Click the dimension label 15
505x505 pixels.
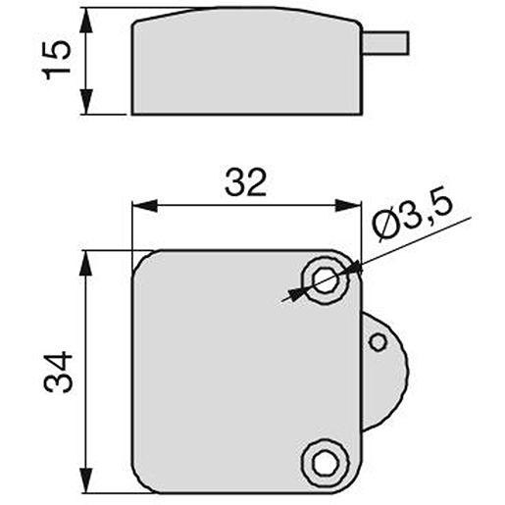[x=57, y=60]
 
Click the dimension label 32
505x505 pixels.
[x=246, y=182]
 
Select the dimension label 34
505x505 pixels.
[x=58, y=372]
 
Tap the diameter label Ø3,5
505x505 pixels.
[x=413, y=215]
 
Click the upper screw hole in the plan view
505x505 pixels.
[x=326, y=280]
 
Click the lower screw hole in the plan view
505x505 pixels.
[x=326, y=463]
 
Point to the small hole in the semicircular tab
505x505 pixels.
[x=379, y=342]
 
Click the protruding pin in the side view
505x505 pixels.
[x=385, y=42]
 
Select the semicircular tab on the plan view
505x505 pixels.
[x=385, y=372]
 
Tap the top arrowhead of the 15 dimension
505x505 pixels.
[x=86, y=20]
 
